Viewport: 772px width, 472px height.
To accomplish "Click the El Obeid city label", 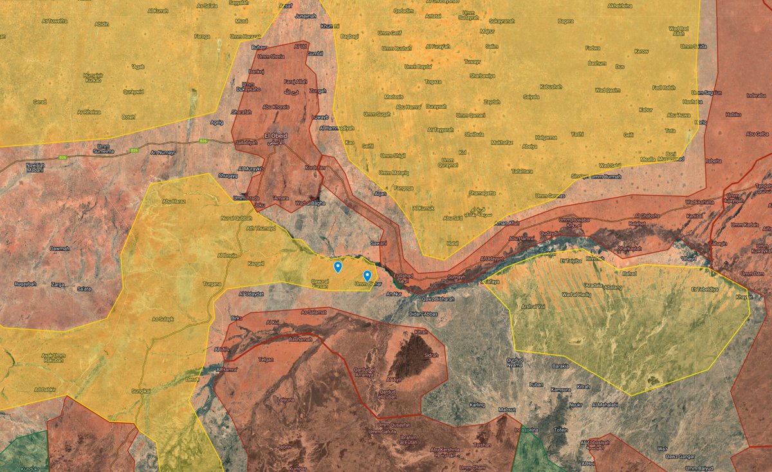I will coord(277,136).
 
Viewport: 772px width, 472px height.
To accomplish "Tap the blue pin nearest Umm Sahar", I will coord(367,276).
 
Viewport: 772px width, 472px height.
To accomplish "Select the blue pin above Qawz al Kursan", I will coord(337,267).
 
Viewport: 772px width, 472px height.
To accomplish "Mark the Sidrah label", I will coord(430,355).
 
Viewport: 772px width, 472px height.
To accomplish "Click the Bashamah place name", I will coord(301,339).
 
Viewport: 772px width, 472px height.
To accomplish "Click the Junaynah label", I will coord(306,15).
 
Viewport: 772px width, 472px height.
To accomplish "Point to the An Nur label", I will coord(393,294).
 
